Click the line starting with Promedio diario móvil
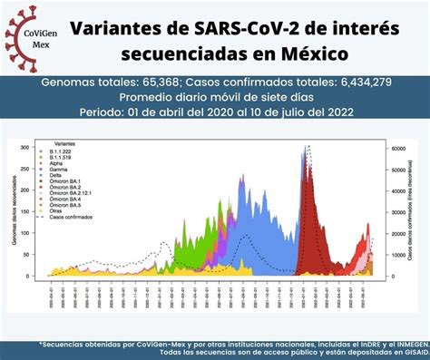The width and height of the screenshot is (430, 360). pos(214,97)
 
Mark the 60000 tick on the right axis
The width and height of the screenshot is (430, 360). pos(397,147)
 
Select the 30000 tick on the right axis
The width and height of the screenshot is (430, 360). pos(397,211)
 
